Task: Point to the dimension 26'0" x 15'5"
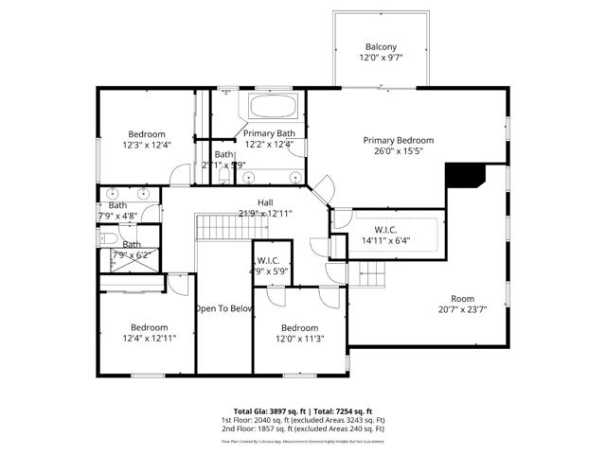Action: [399, 150]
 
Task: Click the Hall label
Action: [265, 202]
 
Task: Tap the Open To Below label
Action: [223, 308]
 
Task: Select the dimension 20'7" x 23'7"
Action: [462, 309]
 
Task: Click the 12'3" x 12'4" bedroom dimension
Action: [147, 145]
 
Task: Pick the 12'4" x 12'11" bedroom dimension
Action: [148, 338]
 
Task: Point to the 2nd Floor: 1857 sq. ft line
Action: [303, 428]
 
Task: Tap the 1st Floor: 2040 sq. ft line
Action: [303, 420]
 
